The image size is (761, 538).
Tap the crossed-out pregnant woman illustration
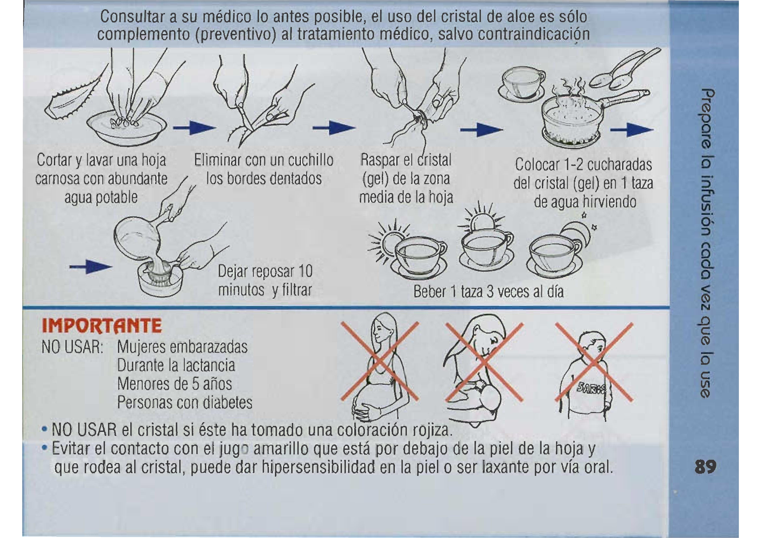[x=380, y=368]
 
